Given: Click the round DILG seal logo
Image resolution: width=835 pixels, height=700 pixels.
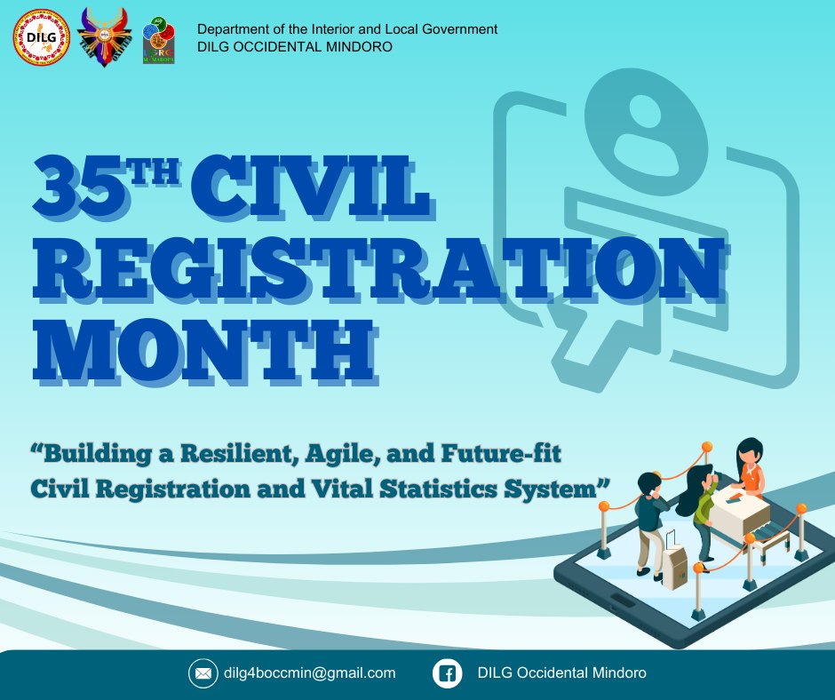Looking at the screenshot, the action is click(41, 36).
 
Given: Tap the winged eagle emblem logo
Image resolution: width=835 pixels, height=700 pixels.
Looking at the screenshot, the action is click(105, 36).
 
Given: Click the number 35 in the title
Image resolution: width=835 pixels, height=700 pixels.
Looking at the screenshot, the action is click(81, 187).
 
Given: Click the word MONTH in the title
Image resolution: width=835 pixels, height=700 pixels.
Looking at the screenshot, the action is click(204, 349).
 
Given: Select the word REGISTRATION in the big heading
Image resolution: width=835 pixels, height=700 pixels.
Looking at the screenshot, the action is click(378, 268).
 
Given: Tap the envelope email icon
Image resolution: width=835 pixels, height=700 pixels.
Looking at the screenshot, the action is click(203, 673).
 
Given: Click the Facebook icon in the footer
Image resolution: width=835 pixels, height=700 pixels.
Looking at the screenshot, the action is click(447, 673).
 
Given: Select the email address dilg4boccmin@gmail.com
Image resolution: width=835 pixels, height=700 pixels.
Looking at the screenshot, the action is click(310, 673).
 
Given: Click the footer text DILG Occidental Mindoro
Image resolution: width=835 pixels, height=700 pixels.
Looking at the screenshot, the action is click(561, 672).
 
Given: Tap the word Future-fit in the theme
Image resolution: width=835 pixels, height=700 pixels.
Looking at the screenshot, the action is click(501, 454).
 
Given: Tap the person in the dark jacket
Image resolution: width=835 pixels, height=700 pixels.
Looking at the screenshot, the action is click(651, 525).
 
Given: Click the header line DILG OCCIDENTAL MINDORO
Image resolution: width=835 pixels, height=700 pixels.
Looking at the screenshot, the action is click(295, 47).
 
